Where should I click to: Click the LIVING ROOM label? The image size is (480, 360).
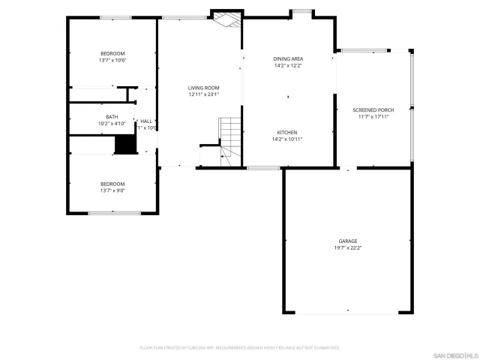click(203, 88)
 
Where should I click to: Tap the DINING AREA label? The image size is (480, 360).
click(288, 58)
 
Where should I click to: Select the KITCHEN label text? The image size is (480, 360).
click(288, 132)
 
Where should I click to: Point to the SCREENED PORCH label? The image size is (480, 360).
click(373, 109)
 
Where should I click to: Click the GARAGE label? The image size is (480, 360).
click(347, 241)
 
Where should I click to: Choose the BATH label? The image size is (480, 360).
click(112, 116)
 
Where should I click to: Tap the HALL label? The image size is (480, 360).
click(146, 121)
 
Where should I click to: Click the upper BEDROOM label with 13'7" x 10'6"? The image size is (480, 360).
click(112, 53)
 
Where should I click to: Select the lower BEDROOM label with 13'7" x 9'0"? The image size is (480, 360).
click(112, 184)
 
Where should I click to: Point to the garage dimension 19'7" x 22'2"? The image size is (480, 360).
click(347, 248)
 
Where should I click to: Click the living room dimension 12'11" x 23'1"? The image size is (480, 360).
click(203, 94)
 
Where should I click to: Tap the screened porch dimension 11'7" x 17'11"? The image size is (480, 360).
click(373, 116)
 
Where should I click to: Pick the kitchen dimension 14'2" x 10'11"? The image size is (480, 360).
click(288, 139)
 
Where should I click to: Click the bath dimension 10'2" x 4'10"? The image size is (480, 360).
click(112, 123)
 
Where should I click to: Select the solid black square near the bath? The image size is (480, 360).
click(123, 144)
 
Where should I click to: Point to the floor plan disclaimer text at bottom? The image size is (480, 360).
click(240, 347)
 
